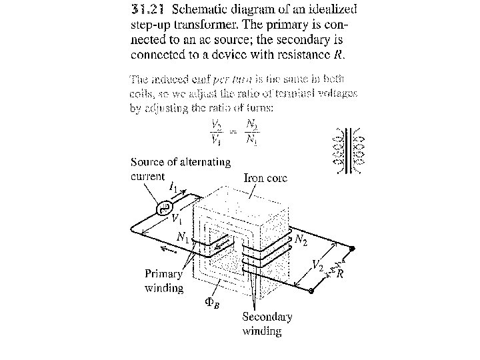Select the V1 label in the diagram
pos(177,218)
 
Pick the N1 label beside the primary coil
pos(183,237)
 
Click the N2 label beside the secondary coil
pos(301,241)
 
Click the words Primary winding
pos(164,281)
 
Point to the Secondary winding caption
pos(267,323)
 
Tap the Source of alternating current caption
pos(180,169)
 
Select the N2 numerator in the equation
pos(251,124)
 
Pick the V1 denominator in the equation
pos(217,140)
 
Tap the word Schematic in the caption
pos(203,9)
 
